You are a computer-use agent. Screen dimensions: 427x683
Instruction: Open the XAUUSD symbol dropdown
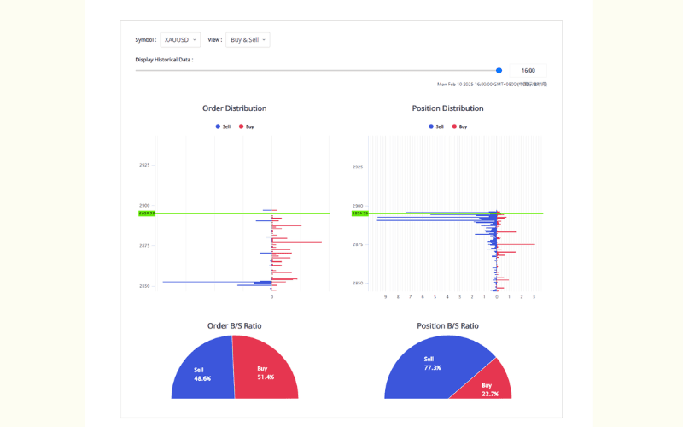[180, 39]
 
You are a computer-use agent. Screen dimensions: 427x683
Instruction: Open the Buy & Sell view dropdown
[248, 39]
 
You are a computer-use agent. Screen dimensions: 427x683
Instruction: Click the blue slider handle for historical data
[499, 71]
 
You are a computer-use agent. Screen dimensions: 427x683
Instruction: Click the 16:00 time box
[528, 71]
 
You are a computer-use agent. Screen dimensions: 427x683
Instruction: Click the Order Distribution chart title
[234, 108]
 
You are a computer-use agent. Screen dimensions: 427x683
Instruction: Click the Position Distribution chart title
[447, 108]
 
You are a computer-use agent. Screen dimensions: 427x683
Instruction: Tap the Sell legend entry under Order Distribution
[224, 126]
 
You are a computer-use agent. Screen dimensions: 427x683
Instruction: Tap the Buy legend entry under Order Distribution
[247, 126]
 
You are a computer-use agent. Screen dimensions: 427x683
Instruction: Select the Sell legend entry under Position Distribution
[436, 126]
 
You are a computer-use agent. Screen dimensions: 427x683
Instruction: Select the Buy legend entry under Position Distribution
[460, 126]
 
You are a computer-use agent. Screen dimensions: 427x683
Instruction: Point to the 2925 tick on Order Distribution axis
[144, 165]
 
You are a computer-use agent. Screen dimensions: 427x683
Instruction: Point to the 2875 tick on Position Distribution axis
[358, 245]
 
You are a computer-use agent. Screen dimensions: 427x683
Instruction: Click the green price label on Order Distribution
[146, 213]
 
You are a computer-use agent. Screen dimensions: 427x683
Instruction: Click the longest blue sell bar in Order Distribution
[213, 282]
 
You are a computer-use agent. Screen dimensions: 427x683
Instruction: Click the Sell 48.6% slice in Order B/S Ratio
[203, 374]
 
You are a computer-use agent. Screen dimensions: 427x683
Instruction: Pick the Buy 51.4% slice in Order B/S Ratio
[267, 373]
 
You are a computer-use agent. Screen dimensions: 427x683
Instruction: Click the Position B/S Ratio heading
[447, 326]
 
